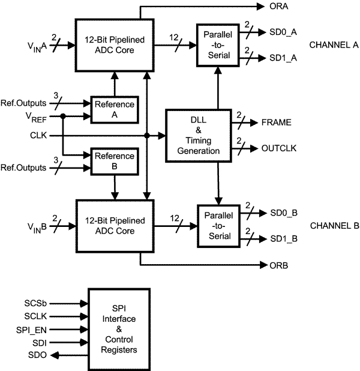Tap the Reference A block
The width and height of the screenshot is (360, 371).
(x=114, y=108)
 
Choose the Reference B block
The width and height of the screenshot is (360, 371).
(x=114, y=160)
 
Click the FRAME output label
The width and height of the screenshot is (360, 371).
(x=277, y=122)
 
